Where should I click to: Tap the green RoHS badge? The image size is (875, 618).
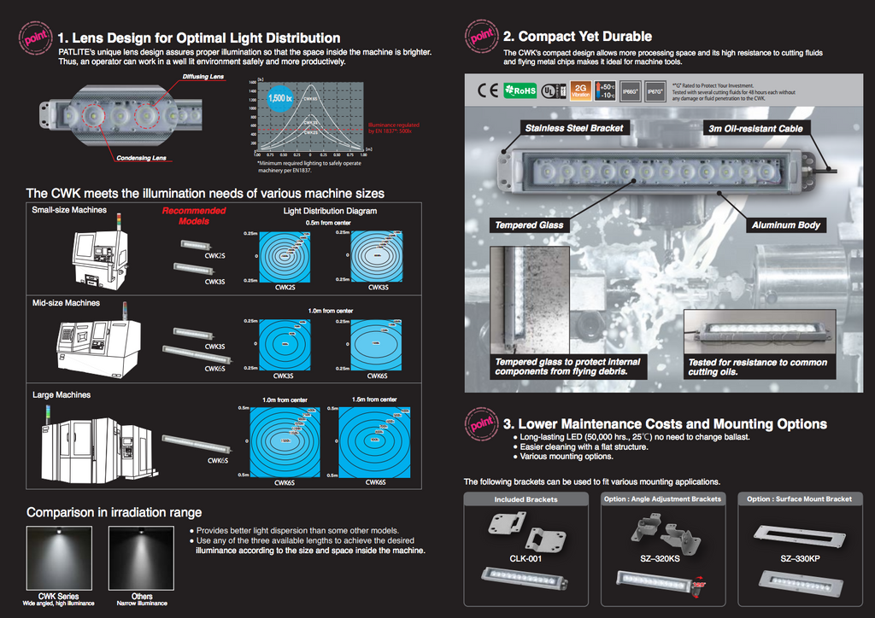pyautogui.click(x=520, y=90)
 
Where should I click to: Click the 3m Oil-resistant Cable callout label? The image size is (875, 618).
pyautogui.click(x=755, y=128)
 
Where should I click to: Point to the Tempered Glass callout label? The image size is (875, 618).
pyautogui.click(x=529, y=225)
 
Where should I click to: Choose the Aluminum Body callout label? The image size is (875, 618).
pyautogui.click(x=785, y=225)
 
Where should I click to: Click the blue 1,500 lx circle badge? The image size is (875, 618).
pyautogui.click(x=279, y=98)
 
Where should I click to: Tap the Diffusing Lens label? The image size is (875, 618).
pyautogui.click(x=203, y=77)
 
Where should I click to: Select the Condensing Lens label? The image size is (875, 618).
pyautogui.click(x=141, y=158)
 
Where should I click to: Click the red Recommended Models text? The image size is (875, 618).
pyautogui.click(x=194, y=215)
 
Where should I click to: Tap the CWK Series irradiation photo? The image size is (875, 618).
pyautogui.click(x=59, y=558)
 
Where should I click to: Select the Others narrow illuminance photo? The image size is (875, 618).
pyautogui.click(x=142, y=558)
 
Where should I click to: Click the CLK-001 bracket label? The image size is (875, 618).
pyautogui.click(x=525, y=559)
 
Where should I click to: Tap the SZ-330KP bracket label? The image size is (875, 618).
pyautogui.click(x=799, y=559)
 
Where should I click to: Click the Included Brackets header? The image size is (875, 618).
pyautogui.click(x=526, y=499)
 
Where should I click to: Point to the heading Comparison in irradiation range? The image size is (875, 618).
pyautogui.click(x=114, y=512)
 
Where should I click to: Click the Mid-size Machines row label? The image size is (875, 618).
pyautogui.click(x=66, y=303)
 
